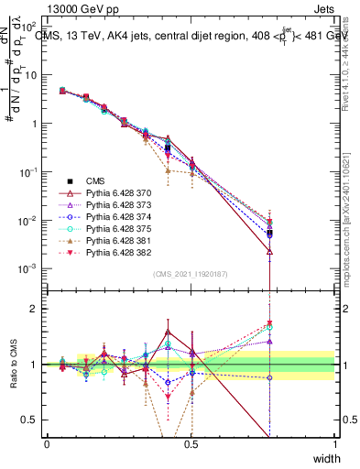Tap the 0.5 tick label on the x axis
click(x=191, y=443)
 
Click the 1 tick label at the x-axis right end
click(x=334, y=443)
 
